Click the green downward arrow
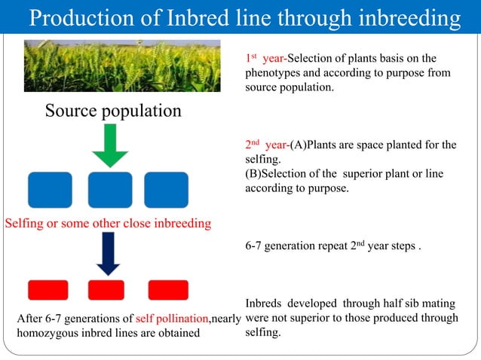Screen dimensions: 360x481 pyautogui.click(x=110, y=145)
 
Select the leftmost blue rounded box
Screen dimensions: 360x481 pyautogui.click(x=50, y=190)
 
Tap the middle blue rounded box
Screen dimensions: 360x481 pyautogui.click(x=110, y=190)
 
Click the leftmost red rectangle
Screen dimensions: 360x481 pyautogui.click(x=48, y=290)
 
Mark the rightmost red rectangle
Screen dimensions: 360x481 pyautogui.click(x=168, y=290)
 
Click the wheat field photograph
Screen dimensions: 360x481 pyautogui.click(x=122, y=66)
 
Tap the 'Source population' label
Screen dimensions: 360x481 pyautogui.click(x=113, y=111)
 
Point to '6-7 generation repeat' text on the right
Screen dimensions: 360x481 pyautogui.click(x=302, y=246)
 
